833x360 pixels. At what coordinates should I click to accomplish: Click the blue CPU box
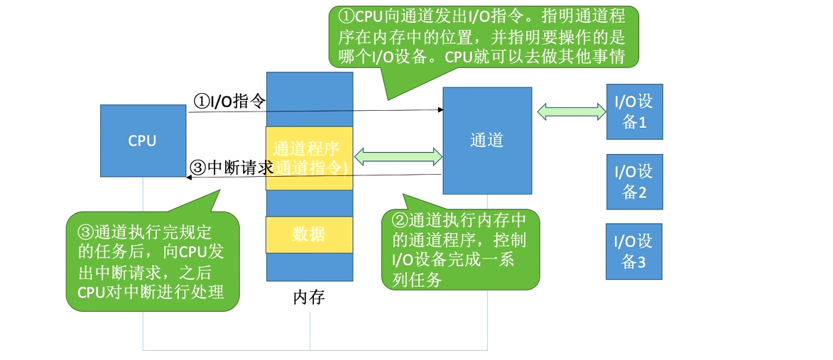[142, 141]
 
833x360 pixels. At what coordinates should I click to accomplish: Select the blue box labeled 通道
[487, 141]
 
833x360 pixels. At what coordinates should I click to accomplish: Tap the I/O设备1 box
[634, 111]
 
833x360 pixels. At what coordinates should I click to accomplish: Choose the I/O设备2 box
[634, 182]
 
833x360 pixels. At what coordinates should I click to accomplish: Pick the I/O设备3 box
[634, 251]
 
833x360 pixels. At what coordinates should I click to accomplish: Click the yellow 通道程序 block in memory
[309, 158]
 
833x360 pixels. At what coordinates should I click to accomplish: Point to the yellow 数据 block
[309, 234]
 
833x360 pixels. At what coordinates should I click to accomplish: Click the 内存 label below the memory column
[309, 298]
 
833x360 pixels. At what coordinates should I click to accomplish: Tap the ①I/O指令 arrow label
[229, 102]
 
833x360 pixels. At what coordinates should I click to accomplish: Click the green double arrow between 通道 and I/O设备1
[571, 111]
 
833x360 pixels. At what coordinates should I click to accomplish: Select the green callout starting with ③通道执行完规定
[152, 261]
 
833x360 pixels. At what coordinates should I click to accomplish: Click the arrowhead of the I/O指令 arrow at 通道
[440, 110]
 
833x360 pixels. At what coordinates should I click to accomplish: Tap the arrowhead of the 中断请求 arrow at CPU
[190, 178]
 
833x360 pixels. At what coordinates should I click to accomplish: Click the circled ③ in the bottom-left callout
[85, 231]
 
